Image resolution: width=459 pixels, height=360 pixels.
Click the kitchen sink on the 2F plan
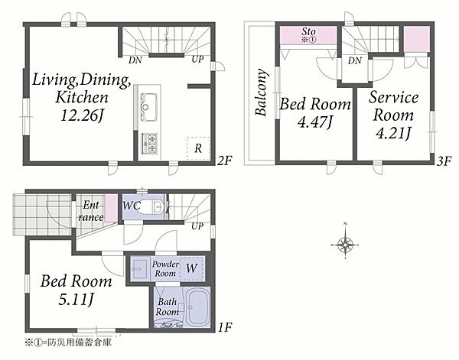click(x=148, y=107)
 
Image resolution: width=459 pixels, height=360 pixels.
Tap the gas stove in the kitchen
click(x=149, y=144)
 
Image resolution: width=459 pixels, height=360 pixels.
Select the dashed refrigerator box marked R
click(x=198, y=148)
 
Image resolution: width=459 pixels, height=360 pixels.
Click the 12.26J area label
click(x=82, y=116)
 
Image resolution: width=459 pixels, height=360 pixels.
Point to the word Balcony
click(x=261, y=92)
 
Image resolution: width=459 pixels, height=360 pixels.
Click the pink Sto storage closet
click(x=308, y=35)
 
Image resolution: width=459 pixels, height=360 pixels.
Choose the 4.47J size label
click(x=315, y=122)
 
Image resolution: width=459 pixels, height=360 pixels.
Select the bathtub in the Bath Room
click(x=197, y=307)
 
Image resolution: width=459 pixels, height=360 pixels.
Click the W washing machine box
click(x=192, y=268)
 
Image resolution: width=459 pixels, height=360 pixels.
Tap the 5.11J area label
click(x=76, y=300)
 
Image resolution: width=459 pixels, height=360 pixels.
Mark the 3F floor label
click(x=444, y=161)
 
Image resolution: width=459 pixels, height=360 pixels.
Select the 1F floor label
click(x=225, y=327)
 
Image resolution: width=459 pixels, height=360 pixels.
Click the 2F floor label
click(x=224, y=161)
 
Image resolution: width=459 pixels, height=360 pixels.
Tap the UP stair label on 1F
click(x=197, y=226)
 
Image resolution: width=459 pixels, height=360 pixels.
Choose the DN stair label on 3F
click(x=355, y=61)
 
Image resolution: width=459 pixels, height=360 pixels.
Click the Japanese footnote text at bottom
click(x=68, y=342)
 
